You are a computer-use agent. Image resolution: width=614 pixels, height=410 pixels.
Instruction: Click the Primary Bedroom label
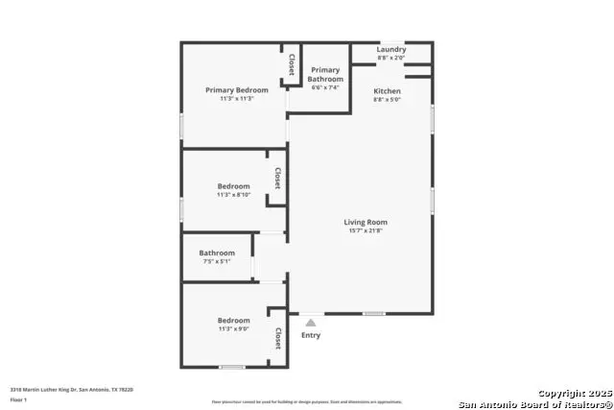(237, 90)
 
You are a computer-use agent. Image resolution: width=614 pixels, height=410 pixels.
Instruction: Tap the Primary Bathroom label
(325, 74)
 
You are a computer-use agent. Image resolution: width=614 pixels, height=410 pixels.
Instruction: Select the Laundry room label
(390, 50)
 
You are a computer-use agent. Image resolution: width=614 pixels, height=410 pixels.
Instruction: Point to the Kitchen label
(388, 91)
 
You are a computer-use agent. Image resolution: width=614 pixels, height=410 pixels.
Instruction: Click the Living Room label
(366, 223)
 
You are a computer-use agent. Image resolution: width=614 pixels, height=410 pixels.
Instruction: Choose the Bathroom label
(217, 253)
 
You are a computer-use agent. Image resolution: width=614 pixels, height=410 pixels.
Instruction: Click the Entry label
(311, 335)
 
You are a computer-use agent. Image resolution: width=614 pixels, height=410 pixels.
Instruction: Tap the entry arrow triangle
(310, 323)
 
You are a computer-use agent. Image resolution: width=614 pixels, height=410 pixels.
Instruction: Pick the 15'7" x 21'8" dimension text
(366, 231)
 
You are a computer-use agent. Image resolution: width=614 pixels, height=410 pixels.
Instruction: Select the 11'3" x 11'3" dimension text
(237, 99)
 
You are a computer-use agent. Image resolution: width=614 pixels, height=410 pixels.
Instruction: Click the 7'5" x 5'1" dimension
(217, 262)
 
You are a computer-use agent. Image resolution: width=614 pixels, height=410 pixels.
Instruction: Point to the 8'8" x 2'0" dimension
(390, 58)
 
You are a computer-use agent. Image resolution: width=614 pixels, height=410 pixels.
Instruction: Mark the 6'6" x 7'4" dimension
(326, 87)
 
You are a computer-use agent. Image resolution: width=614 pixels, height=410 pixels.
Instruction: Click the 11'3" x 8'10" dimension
(233, 195)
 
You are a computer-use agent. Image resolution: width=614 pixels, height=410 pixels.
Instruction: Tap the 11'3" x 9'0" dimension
(233, 329)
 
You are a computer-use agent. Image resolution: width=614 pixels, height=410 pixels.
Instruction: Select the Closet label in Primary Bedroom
(291, 63)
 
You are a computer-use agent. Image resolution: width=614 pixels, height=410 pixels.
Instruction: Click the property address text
(71, 390)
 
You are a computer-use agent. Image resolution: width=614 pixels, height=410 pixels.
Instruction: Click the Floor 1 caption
(19, 398)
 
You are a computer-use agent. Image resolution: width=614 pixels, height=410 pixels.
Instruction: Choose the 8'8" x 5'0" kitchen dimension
(388, 100)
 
